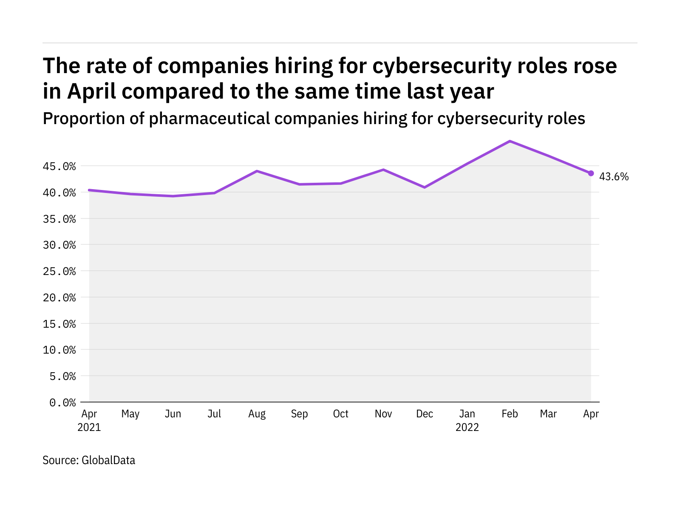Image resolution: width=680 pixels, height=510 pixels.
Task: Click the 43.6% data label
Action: pos(614,177)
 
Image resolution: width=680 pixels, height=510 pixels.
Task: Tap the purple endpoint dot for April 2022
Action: pos(591,173)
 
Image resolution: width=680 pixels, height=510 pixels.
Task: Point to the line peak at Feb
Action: pos(510,141)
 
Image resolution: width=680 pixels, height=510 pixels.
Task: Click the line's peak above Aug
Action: pos(257,171)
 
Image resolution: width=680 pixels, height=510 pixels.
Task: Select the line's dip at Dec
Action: pos(425,187)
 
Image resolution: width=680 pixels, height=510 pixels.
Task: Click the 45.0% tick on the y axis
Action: pos(59,166)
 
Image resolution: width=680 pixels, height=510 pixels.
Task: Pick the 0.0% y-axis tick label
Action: pos(62,402)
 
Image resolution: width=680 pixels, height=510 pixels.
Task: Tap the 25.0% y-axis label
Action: pos(59,271)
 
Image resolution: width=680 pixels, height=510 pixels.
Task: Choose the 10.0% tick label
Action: pos(59,350)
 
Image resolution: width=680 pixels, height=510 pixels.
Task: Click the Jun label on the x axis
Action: pos(173,414)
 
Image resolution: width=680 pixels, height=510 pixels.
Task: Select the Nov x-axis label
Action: pos(383,414)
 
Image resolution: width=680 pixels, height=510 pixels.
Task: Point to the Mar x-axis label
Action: pos(548,414)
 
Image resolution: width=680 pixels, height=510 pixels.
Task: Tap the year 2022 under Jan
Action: pos(467,428)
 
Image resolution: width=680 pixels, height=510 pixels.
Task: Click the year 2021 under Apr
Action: pos(89,428)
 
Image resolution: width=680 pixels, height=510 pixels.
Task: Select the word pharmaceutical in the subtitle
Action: pos(210,119)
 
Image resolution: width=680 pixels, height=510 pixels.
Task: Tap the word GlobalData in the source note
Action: pos(108,460)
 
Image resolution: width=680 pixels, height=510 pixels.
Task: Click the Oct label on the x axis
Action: pos(341,414)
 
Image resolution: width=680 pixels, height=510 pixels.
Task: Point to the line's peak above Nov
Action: pos(383,170)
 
